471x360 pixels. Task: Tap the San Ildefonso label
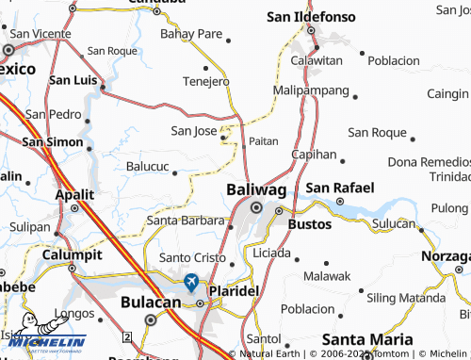[x=310, y=16]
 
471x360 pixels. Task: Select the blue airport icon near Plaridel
[x=191, y=281]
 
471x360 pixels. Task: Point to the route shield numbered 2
[x=126, y=336]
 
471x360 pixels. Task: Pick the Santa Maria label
[x=367, y=338]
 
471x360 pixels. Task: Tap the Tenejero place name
[x=205, y=81]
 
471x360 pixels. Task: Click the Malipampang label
[x=310, y=90]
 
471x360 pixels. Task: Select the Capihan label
[x=314, y=154]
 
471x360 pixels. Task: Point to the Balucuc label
[x=148, y=167]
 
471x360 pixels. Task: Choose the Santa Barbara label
[x=184, y=221]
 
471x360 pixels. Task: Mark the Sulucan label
[x=394, y=223]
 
